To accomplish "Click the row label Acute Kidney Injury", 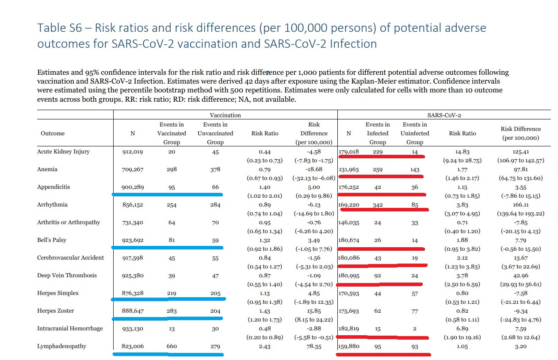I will point(63,152).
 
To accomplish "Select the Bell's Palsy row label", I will point(52,240).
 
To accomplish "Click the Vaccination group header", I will point(225,115).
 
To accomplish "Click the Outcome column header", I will point(53,133).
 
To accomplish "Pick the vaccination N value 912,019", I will point(132,152).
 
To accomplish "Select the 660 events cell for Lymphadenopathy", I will point(172,346).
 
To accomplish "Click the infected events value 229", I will point(378,152).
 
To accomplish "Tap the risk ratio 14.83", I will point(462,152).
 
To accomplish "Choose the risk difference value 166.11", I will point(520,205).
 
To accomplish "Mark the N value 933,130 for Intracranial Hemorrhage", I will point(132,329).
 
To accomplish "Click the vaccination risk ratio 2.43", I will point(265,346).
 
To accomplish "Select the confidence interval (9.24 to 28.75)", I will point(462,161).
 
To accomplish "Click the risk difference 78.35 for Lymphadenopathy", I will point(313,346).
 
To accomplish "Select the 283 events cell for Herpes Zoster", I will point(172,311).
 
